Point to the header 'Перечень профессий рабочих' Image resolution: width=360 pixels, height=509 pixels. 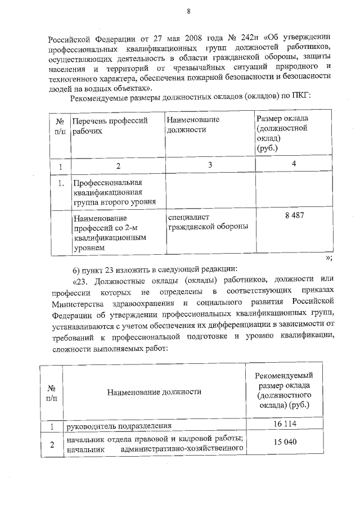[x=109, y=125]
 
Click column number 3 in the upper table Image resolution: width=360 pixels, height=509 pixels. [x=209, y=165]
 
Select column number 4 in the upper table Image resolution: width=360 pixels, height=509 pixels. [x=293, y=164]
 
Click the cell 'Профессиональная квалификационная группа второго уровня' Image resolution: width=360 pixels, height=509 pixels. [x=109, y=193]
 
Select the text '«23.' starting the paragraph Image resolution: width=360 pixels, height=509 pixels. [x=81, y=280]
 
